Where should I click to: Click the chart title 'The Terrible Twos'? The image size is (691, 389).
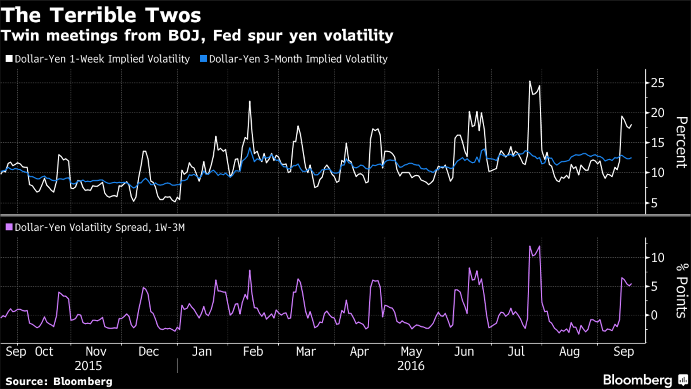tap(101, 15)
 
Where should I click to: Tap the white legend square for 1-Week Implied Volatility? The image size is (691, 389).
tap(9, 59)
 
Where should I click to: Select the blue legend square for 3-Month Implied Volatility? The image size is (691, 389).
tap(203, 59)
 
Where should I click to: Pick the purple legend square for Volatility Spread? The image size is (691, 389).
tap(9, 227)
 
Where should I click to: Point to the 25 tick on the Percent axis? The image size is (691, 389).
tap(657, 83)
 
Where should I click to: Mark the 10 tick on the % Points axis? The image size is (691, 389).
tap(657, 258)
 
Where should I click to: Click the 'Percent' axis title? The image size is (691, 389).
tap(680, 142)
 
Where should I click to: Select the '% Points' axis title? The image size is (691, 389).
tap(680, 290)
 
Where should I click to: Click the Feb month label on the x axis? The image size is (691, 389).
tap(253, 352)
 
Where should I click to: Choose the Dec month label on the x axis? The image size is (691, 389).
tap(148, 352)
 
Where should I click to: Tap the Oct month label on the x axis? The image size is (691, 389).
tap(44, 352)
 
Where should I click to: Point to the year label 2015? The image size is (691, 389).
tap(88, 366)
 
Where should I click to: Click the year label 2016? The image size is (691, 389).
tap(410, 366)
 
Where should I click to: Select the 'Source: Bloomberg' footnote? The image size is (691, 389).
tap(59, 382)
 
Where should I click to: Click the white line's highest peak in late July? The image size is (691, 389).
tap(530, 82)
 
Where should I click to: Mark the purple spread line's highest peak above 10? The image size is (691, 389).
tap(539, 246)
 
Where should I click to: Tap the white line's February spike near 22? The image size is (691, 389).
tap(250, 102)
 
